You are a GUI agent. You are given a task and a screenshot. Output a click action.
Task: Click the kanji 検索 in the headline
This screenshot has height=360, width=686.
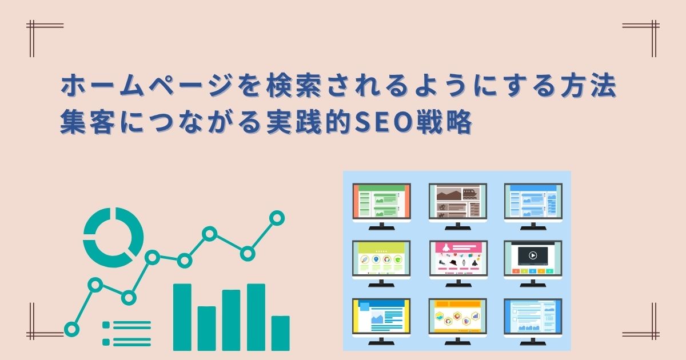294,86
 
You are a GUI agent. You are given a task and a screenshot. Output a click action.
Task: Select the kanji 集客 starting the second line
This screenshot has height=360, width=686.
87,122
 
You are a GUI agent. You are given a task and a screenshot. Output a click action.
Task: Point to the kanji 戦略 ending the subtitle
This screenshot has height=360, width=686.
442,122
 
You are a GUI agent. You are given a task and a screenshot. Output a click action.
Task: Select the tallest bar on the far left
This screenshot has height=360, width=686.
182,317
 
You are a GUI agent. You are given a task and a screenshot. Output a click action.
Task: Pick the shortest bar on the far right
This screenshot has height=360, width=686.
280,333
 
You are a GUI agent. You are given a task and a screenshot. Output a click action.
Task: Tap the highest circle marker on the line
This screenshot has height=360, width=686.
277,218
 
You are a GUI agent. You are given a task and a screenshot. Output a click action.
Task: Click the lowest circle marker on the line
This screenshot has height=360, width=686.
71,329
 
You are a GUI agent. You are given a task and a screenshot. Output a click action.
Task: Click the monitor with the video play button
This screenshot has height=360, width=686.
533,263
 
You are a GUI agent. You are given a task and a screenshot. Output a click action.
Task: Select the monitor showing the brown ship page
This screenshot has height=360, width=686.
458,206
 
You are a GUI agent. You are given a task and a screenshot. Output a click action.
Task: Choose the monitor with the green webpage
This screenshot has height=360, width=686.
382,206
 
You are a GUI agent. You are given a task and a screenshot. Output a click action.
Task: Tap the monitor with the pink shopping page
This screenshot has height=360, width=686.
458,263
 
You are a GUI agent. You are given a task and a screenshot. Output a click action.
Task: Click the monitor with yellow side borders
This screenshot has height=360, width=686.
381,321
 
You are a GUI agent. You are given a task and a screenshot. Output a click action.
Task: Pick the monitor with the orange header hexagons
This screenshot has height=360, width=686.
457,321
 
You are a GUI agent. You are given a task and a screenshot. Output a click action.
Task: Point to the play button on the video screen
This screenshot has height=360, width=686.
533,255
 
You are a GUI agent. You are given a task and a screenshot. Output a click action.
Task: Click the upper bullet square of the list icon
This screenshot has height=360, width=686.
106,325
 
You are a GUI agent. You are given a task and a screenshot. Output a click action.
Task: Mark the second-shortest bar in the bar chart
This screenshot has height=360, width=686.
207,329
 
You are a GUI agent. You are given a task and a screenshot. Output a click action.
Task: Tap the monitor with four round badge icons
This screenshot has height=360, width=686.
381,263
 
